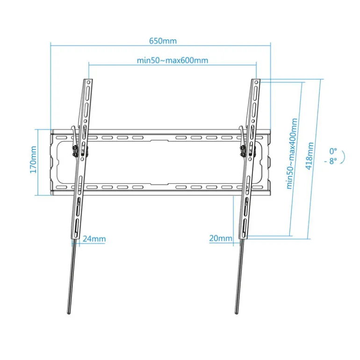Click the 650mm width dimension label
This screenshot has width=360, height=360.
click(163, 41)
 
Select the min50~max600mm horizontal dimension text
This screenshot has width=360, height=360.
click(173, 60)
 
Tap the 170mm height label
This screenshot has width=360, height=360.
click(33, 159)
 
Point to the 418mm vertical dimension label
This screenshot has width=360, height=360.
click(310, 156)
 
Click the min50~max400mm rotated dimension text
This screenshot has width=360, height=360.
click(292, 154)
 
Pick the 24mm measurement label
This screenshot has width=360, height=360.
click(94, 239)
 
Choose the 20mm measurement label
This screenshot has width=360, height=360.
click(221, 238)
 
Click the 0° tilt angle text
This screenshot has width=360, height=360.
click(333, 151)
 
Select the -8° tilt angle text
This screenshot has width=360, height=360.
click(331, 161)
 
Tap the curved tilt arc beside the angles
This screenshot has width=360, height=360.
click(343, 157)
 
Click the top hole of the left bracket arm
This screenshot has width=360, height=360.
click(88, 82)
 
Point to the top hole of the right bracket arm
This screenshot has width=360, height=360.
click(256, 82)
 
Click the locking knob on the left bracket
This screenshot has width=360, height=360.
click(74, 151)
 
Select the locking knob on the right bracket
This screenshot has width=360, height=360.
click(242, 151)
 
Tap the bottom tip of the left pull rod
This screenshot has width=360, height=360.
click(69, 313)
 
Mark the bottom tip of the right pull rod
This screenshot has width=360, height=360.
click(236, 313)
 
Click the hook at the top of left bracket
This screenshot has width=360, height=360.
click(74, 133)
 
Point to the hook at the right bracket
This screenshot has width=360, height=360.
click(242, 133)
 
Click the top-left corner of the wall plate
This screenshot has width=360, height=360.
click(51, 130)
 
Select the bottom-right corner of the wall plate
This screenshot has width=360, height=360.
click(270, 195)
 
